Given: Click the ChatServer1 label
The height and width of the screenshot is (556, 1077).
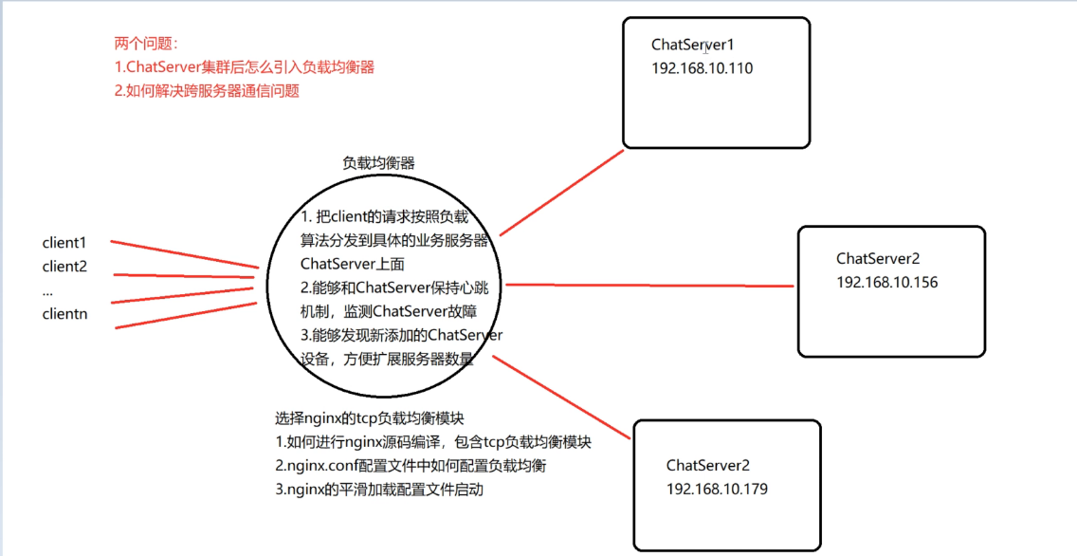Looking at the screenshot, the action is (693, 45).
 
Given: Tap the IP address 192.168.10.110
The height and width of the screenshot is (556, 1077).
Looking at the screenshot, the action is (702, 68).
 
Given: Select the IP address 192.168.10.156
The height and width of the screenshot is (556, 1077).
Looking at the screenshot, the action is (886, 283).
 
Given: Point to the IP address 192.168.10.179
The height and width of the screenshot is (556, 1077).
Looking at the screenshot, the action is (717, 490).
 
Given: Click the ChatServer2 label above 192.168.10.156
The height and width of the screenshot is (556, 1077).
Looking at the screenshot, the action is (878, 259).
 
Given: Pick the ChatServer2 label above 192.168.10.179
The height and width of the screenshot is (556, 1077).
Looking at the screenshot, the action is (708, 466).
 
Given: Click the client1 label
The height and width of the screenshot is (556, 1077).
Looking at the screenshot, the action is (64, 243).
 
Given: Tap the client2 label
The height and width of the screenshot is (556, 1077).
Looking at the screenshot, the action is (64, 267).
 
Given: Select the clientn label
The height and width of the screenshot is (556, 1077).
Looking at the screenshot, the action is (64, 314).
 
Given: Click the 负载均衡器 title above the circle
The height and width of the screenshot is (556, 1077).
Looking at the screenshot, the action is (378, 163).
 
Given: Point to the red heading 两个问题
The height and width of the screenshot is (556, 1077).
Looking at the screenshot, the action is (146, 44).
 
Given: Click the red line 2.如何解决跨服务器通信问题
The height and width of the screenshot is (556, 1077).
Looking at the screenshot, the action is (207, 91).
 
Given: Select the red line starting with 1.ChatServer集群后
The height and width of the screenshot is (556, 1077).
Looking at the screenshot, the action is (245, 67).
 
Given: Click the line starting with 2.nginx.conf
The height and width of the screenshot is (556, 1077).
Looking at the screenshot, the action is (411, 466).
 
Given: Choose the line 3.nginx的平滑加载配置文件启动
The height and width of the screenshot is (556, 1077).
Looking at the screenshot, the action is (379, 490).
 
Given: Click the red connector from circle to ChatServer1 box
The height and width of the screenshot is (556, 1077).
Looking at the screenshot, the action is (561, 193).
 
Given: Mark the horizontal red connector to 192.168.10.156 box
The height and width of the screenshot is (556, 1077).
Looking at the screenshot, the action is (649, 286).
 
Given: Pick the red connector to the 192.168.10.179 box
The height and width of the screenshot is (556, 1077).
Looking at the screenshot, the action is (561, 397).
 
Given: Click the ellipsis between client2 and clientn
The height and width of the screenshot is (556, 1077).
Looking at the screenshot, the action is (47, 293).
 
